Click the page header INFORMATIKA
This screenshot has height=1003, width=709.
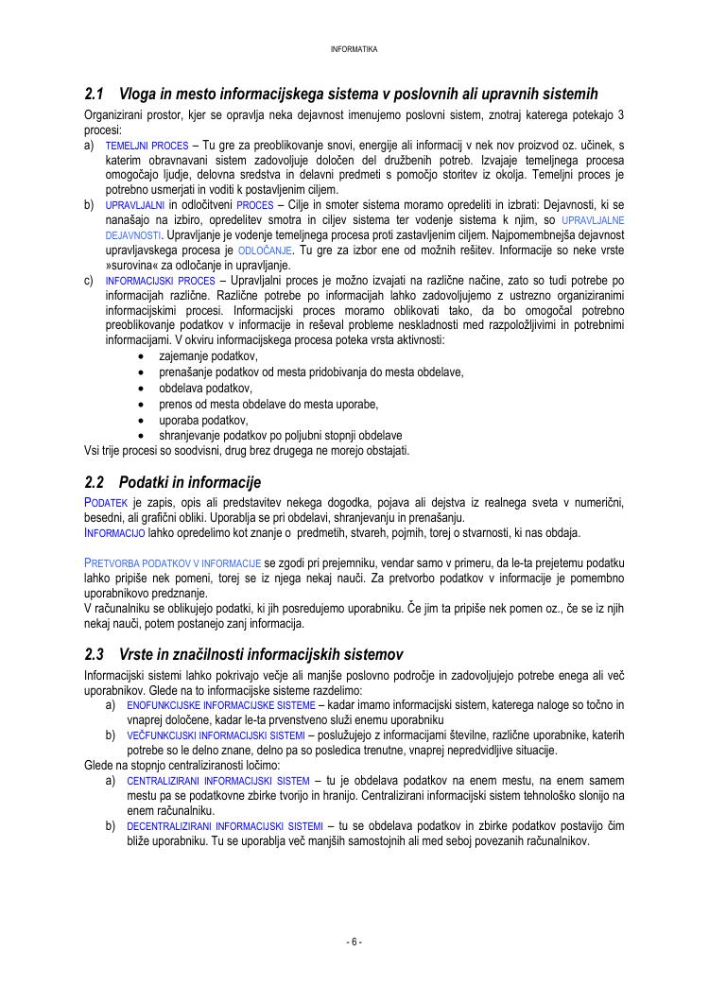(354, 49)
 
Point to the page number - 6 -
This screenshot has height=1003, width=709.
(354, 942)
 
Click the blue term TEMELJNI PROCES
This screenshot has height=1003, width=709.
(147, 147)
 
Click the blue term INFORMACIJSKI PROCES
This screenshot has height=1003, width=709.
(160, 281)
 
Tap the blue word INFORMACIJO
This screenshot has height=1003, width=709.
(114, 533)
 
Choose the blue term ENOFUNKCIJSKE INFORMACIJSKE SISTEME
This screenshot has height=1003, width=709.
(220, 705)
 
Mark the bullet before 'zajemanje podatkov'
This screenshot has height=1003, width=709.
(141, 356)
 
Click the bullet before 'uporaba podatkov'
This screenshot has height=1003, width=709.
(141, 420)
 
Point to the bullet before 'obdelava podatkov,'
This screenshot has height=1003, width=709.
(141, 389)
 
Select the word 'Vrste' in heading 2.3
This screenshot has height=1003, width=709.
(138, 654)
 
